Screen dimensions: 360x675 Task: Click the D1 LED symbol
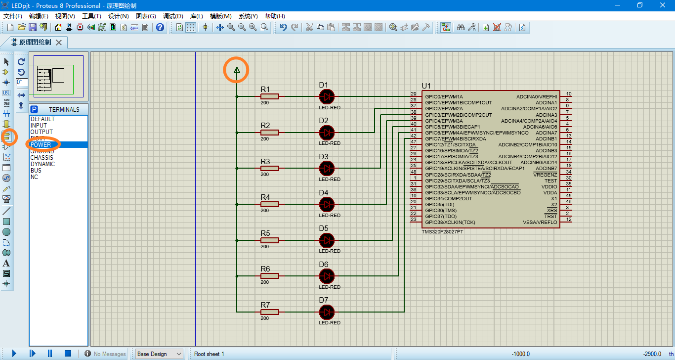point(327,96)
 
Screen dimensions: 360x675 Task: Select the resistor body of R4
point(270,204)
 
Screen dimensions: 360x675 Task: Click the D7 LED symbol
point(327,312)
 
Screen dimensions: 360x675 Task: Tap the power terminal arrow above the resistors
point(237,71)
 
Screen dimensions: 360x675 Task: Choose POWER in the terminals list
point(41,145)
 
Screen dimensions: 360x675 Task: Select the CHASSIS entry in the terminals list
point(42,158)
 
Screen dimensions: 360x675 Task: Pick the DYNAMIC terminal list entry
point(42,164)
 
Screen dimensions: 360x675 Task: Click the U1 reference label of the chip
point(426,86)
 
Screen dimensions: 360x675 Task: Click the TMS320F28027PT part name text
point(442,231)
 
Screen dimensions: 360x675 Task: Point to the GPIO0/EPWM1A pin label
point(444,96)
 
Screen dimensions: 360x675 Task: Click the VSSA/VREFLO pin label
point(540,223)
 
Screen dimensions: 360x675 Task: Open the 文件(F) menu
point(13,16)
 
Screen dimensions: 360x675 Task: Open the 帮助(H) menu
point(275,16)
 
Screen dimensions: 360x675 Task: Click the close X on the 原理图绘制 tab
point(59,43)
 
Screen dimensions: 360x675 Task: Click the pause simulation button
point(50,354)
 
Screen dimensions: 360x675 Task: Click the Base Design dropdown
point(159,354)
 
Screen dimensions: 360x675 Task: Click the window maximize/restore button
point(640,5)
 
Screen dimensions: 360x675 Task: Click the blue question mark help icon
point(160,27)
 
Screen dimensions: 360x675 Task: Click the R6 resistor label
point(265,269)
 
